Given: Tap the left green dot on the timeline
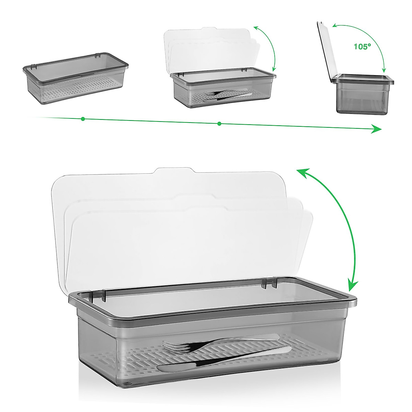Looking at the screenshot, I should pyautogui.click(x=83, y=119).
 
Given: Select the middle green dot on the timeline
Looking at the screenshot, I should pyautogui.click(x=219, y=124).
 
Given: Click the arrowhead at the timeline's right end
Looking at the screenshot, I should pyautogui.click(x=377, y=129).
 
